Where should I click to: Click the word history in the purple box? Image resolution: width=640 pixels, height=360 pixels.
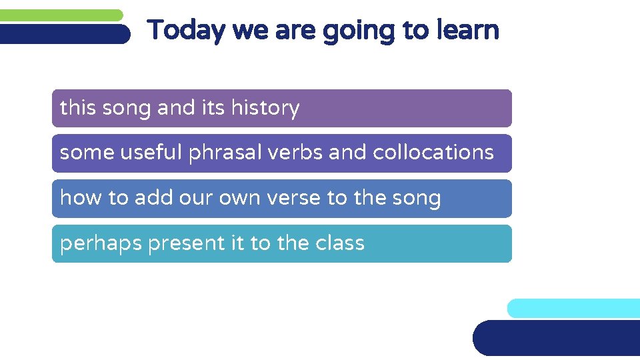[265, 108]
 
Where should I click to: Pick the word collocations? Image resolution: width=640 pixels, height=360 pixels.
[433, 153]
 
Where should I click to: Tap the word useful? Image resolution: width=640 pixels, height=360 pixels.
[151, 153]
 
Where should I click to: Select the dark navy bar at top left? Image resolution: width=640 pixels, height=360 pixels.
[64, 34]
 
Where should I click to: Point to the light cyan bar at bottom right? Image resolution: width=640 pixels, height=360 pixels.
[573, 308]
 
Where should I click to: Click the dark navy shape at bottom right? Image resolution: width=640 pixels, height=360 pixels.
[557, 338]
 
